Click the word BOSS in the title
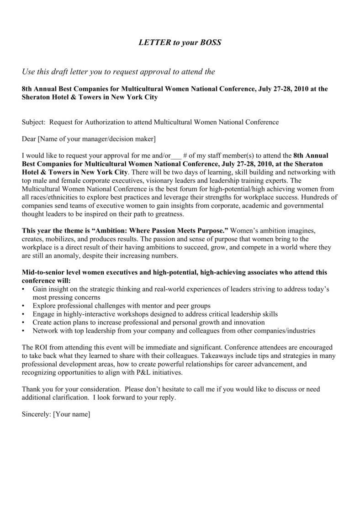pyautogui.click(x=211, y=42)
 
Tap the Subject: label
pyautogui.click(x=34, y=122)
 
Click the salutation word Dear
pyautogui.click(x=29, y=138)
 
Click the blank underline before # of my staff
pyautogui.click(x=176, y=155)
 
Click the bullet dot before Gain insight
pyautogui.click(x=24, y=290)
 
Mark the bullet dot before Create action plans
pyautogui.click(x=24, y=323)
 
